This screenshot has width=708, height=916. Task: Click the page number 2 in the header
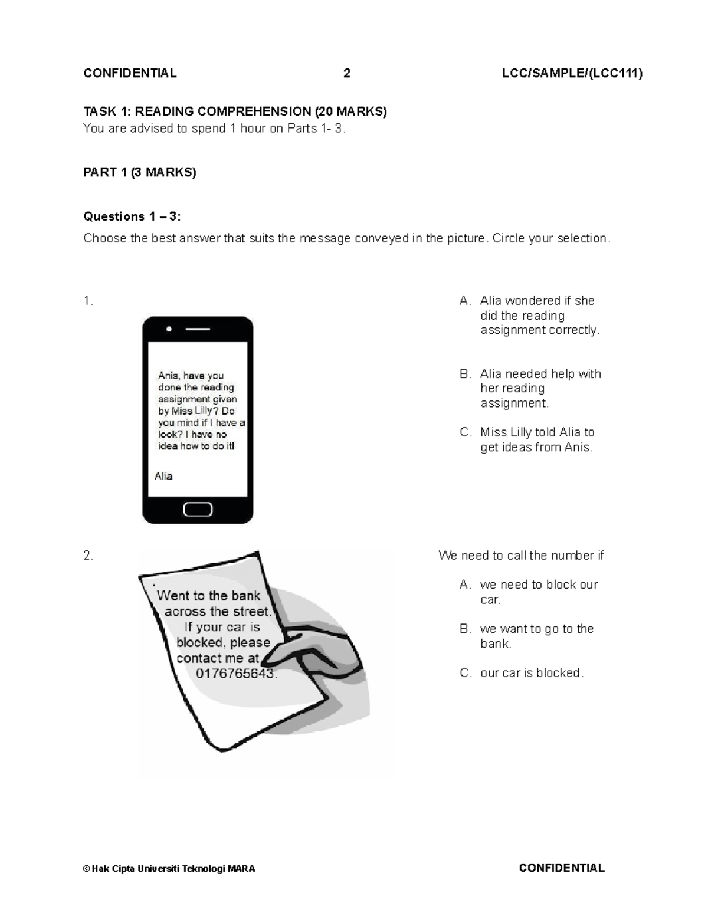(x=347, y=73)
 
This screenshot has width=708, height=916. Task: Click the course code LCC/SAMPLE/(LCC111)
(x=572, y=73)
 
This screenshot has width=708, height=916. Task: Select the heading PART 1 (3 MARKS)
(x=140, y=172)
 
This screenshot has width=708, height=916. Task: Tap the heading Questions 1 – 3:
(x=132, y=216)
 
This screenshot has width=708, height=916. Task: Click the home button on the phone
(x=198, y=509)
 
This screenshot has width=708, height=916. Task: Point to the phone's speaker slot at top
(x=198, y=329)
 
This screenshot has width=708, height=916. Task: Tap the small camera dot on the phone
(x=169, y=329)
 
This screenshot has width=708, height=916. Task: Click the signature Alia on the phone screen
(x=163, y=476)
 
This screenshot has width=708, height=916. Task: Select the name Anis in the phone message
(x=168, y=376)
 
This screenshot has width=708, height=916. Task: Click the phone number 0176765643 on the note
(x=235, y=674)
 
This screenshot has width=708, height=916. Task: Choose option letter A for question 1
(x=465, y=301)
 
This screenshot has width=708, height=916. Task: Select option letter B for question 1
(x=465, y=374)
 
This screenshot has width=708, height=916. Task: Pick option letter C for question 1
(x=466, y=432)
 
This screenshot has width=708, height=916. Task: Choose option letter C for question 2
(x=466, y=673)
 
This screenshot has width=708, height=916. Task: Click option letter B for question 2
(x=465, y=629)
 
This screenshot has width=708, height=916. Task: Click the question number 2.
(x=88, y=556)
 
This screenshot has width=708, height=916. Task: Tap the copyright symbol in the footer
(x=87, y=869)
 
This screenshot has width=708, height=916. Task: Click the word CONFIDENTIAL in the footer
(x=562, y=868)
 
